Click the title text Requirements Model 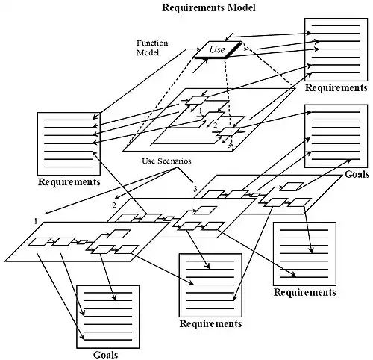tap(208, 8)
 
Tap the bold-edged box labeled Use tap(217, 49)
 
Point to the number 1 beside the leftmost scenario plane tap(35, 221)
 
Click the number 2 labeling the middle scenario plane tap(114, 204)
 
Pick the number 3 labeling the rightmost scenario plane tap(195, 189)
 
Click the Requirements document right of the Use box tap(335, 48)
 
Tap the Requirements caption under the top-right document tap(335, 88)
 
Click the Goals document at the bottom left tap(107, 316)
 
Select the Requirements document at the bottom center tap(210, 285)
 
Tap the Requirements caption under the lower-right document tap(304, 292)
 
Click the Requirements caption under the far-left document tap(69, 181)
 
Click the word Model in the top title tap(241, 8)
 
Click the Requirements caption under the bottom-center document tap(210, 324)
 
